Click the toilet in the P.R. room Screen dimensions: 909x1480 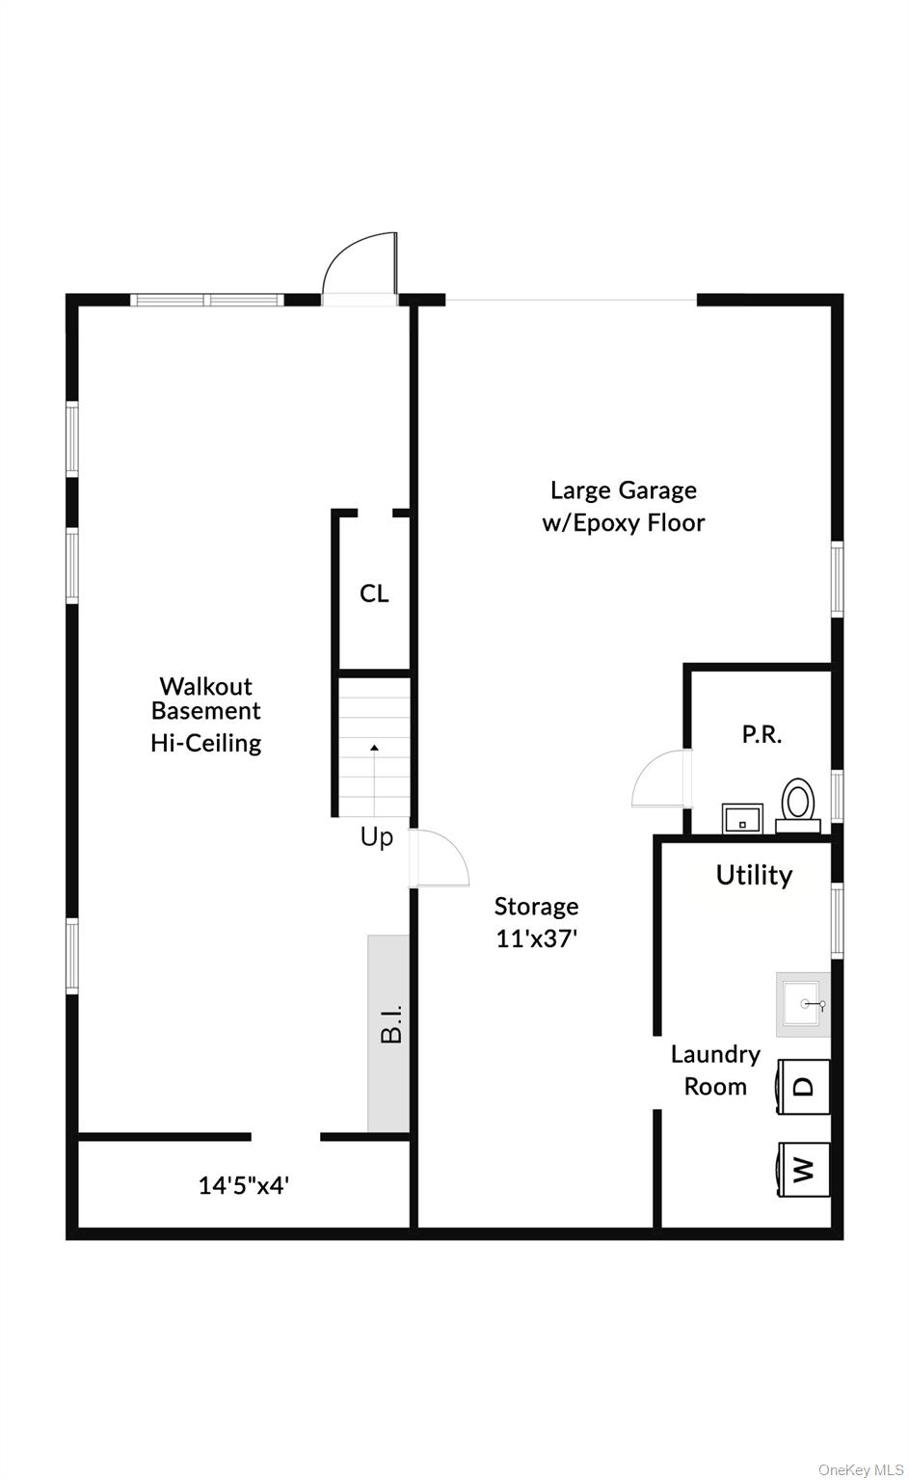click(x=798, y=806)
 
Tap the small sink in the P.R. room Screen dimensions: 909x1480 click(x=742, y=819)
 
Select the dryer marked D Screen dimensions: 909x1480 click(x=803, y=1086)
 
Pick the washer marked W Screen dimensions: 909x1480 click(x=803, y=1170)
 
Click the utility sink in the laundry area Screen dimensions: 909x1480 click(x=803, y=1004)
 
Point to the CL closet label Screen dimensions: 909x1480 click(x=374, y=594)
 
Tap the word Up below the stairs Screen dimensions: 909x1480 click(x=377, y=837)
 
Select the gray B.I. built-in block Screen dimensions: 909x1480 click(x=388, y=1033)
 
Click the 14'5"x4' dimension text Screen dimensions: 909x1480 click(x=244, y=1185)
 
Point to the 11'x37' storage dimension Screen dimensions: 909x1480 click(x=537, y=938)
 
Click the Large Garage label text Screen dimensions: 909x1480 click(x=624, y=490)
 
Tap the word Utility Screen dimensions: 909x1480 click(x=755, y=875)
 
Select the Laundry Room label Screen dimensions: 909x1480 click(x=715, y=1070)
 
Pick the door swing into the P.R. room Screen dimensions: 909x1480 click(x=661, y=779)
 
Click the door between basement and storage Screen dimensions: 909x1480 click(x=440, y=858)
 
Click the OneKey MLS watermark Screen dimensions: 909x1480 click(x=861, y=1469)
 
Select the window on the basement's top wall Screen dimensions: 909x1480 click(x=207, y=300)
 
